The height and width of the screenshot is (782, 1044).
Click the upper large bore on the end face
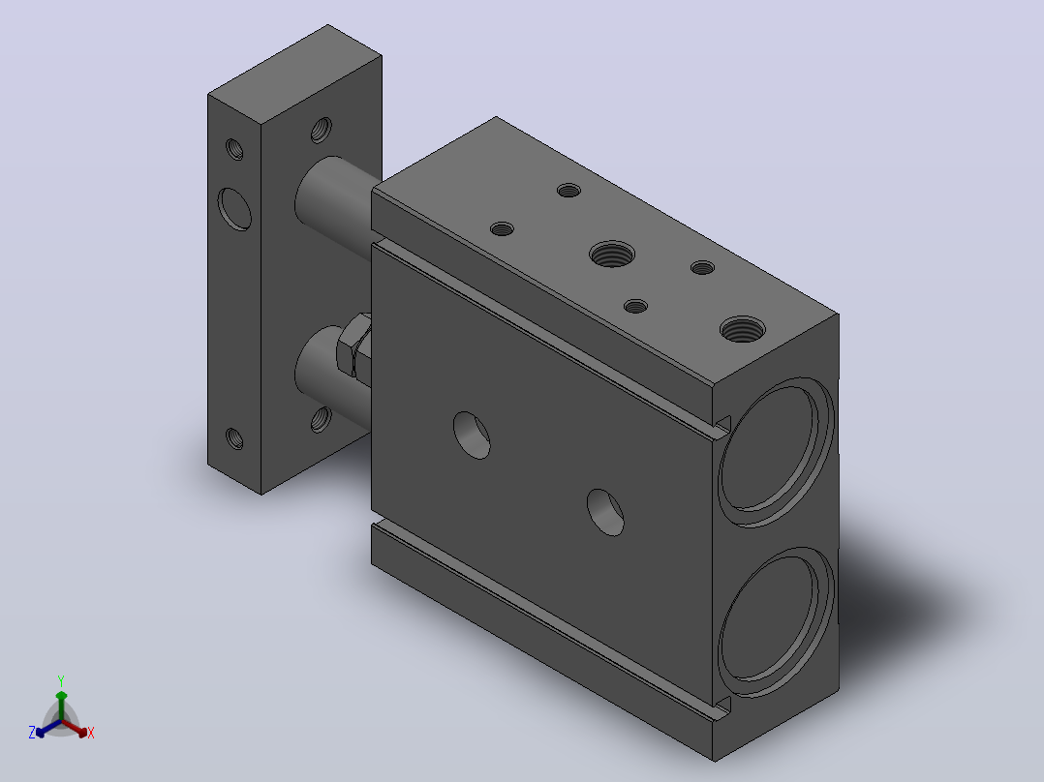tap(776, 452)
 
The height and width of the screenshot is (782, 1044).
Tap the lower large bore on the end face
tap(776, 621)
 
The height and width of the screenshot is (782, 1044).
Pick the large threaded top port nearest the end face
tap(743, 329)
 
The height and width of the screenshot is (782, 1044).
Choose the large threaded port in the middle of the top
tap(612, 254)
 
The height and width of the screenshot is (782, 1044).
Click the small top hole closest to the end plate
tap(568, 191)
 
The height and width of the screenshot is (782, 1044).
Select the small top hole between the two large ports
tap(702, 267)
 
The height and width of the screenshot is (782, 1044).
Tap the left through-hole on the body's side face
tap(472, 436)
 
